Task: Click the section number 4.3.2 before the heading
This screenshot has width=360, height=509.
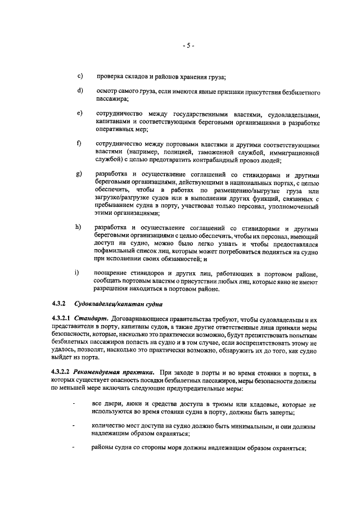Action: click(58, 305)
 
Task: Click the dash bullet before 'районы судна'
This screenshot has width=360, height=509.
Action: click(73, 448)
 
